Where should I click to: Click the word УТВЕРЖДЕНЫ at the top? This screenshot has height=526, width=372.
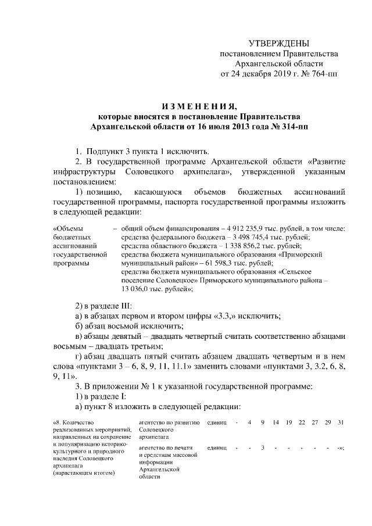pyautogui.click(x=278, y=44)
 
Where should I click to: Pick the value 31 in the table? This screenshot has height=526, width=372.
pyautogui.click(x=341, y=421)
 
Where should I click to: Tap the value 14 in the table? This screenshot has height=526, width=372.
pyautogui.click(x=276, y=421)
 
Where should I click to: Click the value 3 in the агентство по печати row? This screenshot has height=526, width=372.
pyautogui.click(x=263, y=448)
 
